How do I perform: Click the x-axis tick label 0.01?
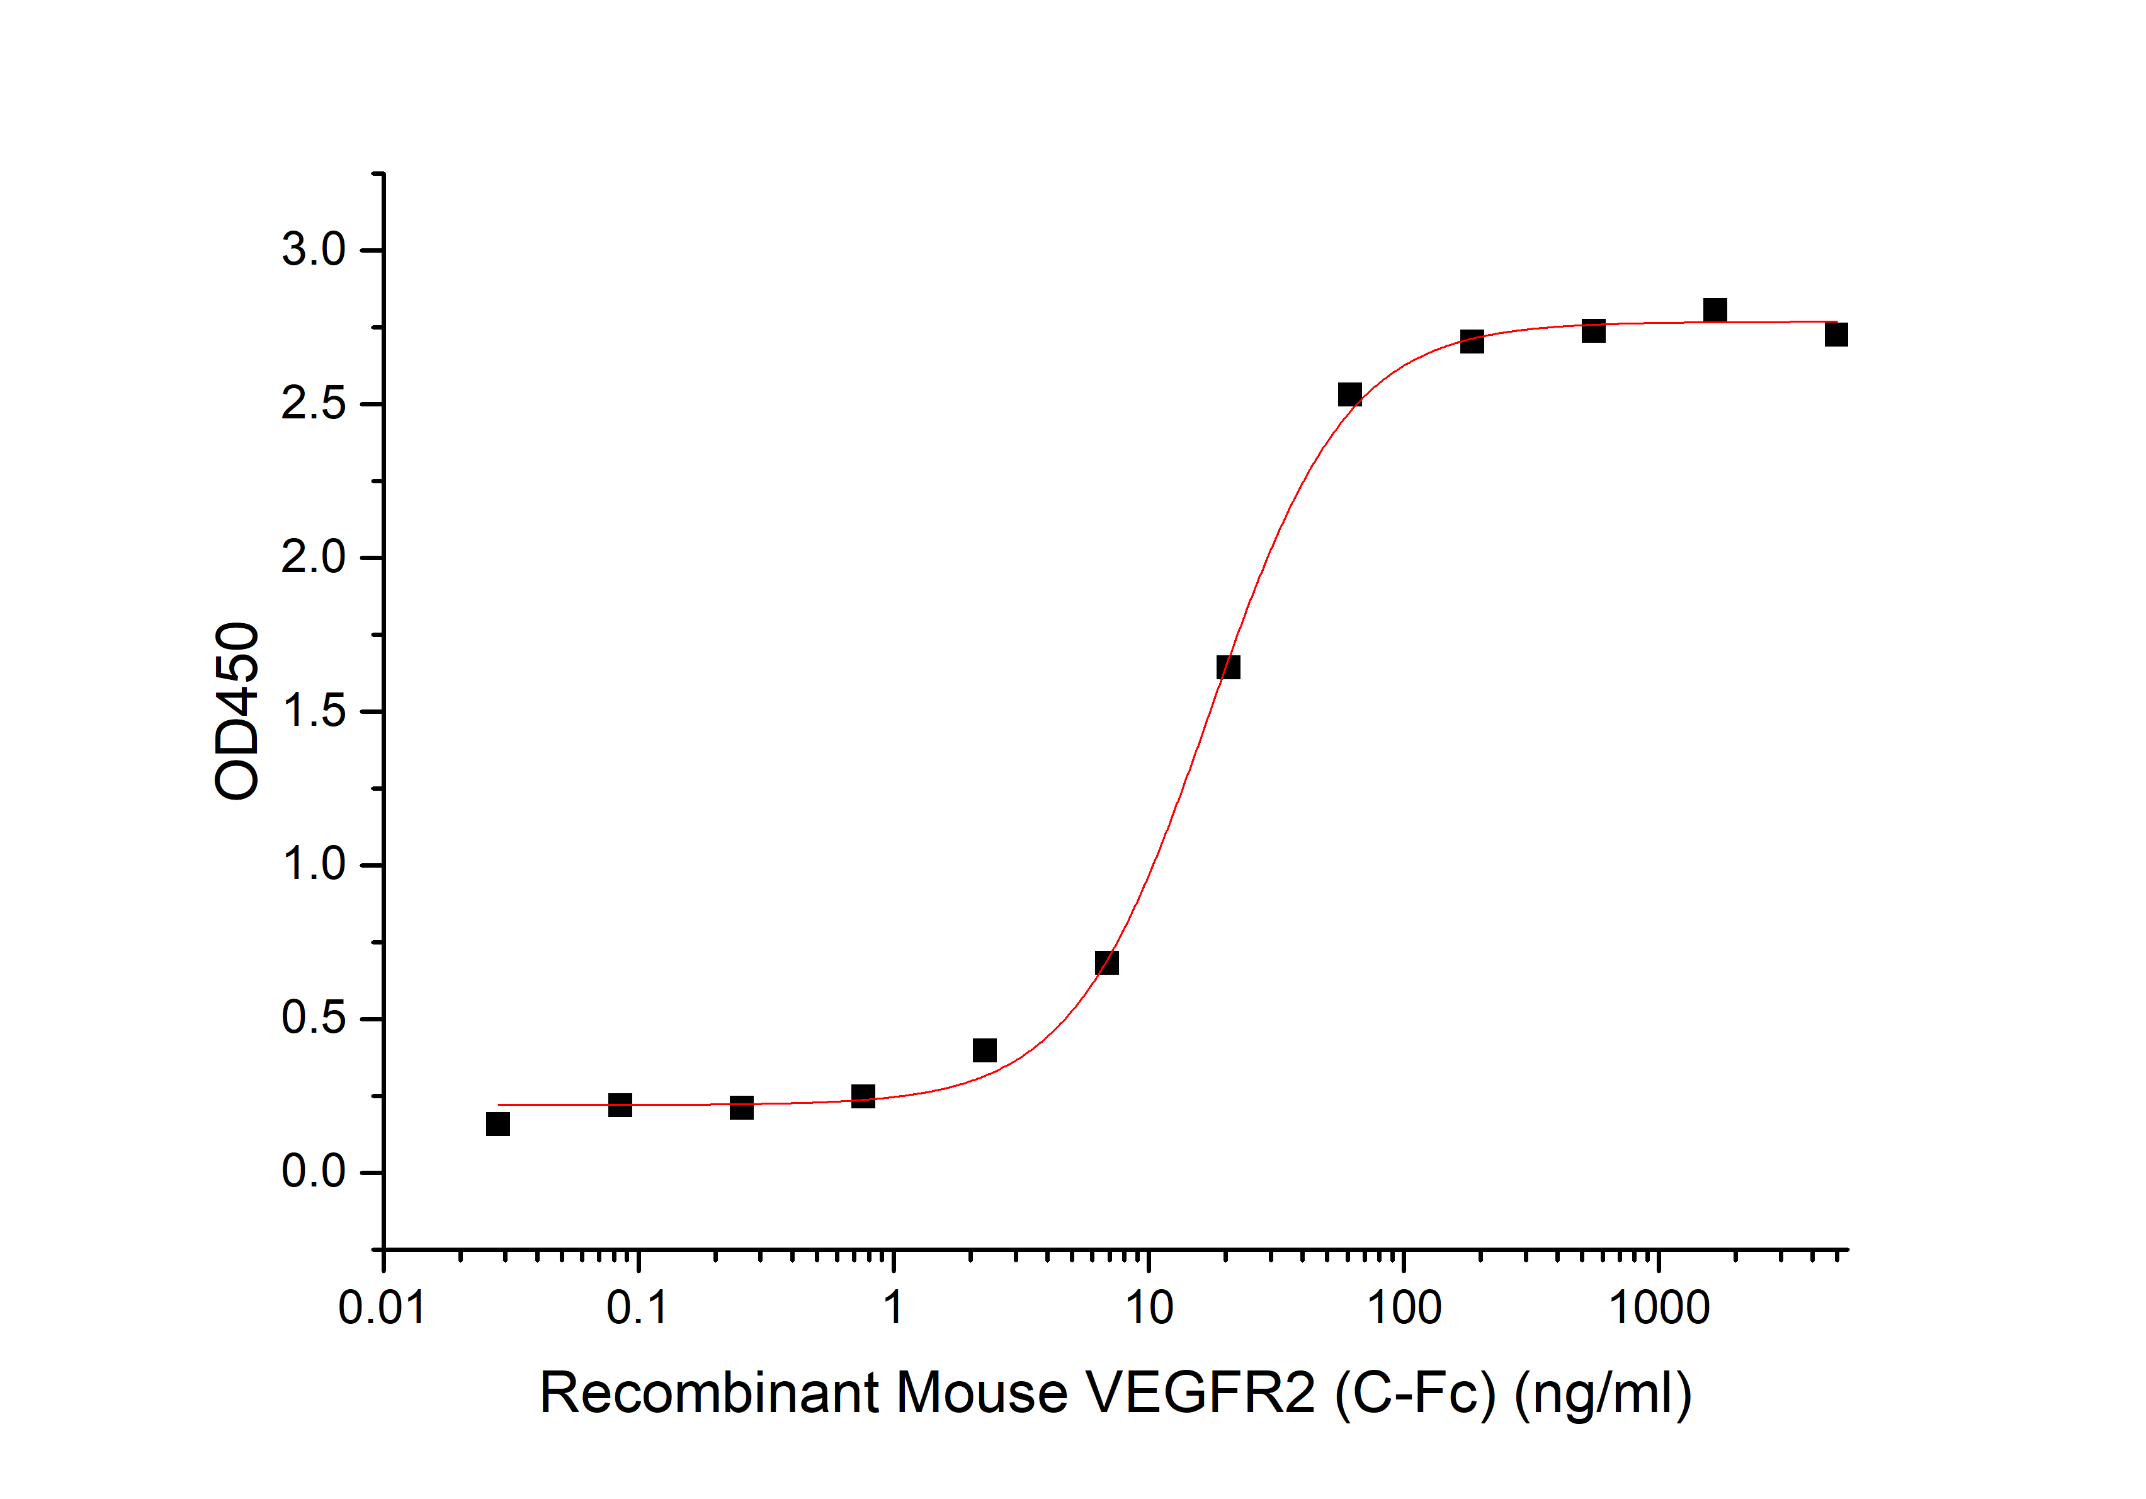[x=382, y=1307]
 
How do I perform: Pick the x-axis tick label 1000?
[x=1659, y=1307]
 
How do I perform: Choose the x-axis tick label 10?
[x=1149, y=1307]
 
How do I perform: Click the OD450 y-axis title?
[x=237, y=711]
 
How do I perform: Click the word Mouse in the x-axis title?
[x=982, y=1393]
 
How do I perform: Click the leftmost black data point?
[x=498, y=1123]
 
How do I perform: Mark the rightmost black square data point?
[x=1836, y=334]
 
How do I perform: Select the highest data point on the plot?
[x=1714, y=309]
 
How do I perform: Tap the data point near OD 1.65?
[x=1228, y=667]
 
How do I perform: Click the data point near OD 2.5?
[x=1349, y=394]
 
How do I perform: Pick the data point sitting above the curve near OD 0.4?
[x=984, y=1050]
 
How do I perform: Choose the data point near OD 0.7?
[x=1106, y=962]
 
